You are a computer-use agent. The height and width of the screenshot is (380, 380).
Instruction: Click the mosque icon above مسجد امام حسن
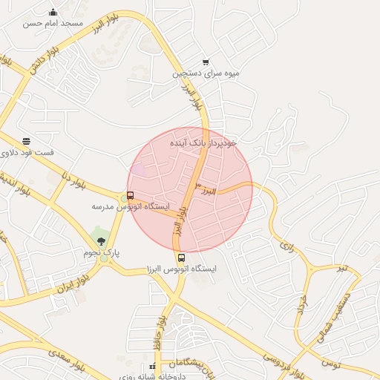[x=53, y=12]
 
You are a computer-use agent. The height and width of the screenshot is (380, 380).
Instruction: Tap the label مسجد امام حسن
[x=52, y=24]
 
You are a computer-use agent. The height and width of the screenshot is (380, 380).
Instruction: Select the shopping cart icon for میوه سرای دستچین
[x=206, y=62]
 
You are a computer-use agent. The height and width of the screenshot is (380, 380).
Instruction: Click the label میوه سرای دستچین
[x=206, y=74]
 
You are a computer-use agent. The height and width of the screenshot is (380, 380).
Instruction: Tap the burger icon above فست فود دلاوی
[x=27, y=141]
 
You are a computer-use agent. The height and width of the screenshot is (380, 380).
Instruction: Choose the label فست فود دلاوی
[x=27, y=153]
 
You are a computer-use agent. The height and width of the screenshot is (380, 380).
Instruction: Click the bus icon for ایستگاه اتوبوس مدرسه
[x=131, y=196]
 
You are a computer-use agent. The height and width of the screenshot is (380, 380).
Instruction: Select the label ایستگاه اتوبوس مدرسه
[x=131, y=206]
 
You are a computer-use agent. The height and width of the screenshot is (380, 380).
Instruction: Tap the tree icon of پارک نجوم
[x=102, y=240]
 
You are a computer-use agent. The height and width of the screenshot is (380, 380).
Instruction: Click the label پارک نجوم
[x=102, y=253]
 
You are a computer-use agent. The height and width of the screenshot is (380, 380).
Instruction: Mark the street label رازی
[x=286, y=246]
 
